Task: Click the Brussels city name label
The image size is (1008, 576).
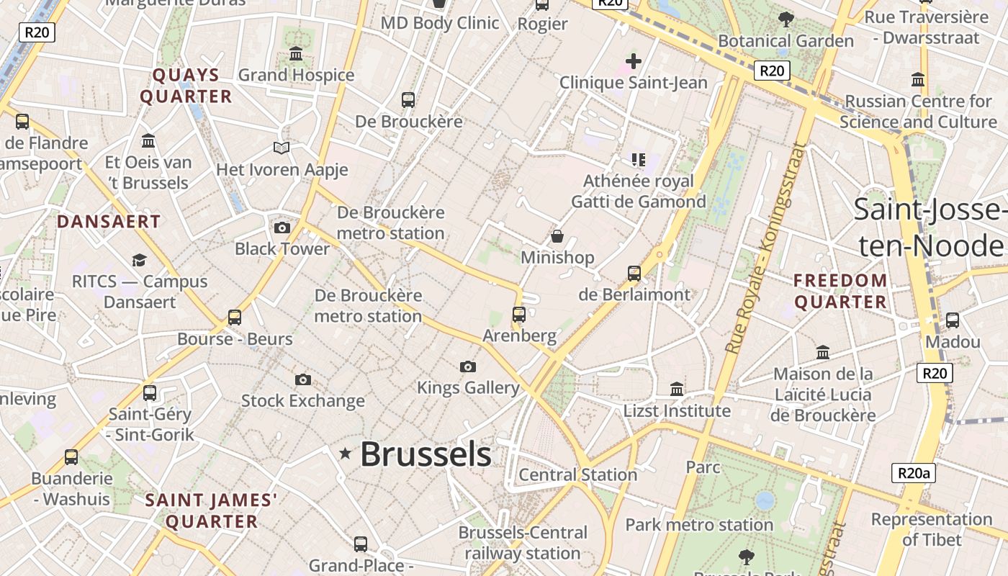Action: [426, 454]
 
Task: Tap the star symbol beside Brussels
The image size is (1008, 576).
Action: [346, 453]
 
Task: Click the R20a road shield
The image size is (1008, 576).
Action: [914, 473]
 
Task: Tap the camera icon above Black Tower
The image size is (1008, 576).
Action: [282, 228]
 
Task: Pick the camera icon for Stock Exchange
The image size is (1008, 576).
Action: [303, 379]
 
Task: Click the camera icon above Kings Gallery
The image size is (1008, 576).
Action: [468, 366]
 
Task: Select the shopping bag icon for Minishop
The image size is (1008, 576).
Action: [557, 236]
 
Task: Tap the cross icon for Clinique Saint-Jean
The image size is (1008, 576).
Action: [634, 61]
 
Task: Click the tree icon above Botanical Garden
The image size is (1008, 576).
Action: [786, 19]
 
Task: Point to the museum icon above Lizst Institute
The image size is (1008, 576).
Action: [677, 389]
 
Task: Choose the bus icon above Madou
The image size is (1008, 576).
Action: [953, 320]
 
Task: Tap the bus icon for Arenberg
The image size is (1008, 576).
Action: [519, 314]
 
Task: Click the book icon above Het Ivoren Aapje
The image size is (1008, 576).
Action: [282, 148]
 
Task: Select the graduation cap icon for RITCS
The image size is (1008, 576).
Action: [139, 260]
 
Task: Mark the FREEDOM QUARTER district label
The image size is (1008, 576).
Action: [840, 291]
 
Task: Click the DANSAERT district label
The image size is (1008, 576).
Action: [109, 222]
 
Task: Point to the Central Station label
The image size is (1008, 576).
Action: [577, 474]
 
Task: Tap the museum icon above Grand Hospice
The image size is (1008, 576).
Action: [296, 54]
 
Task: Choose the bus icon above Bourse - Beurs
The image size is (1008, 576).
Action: [235, 317]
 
